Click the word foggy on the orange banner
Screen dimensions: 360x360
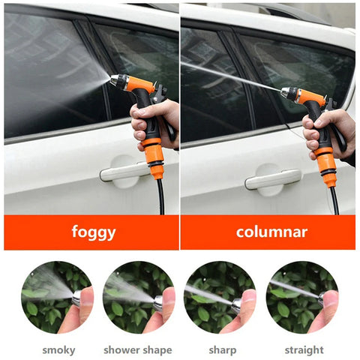[x=94, y=232]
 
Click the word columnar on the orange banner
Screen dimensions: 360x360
[x=271, y=232]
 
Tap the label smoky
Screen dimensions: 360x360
[x=58, y=350]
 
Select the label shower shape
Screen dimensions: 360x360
[x=138, y=350]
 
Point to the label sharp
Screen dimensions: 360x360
[x=223, y=350]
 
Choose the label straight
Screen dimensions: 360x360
[x=304, y=350]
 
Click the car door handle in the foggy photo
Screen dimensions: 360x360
[x=124, y=172]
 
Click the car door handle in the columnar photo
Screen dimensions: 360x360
[x=273, y=179]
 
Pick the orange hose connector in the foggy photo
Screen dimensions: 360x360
[x=153, y=158]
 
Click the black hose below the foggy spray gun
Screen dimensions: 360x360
[x=161, y=196]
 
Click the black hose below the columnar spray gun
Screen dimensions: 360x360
[x=334, y=200]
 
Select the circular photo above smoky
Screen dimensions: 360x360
[x=57, y=298]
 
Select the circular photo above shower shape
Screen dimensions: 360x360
[x=139, y=298]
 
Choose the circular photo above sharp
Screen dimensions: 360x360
[x=220, y=298]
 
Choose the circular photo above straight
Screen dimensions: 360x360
[x=302, y=298]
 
